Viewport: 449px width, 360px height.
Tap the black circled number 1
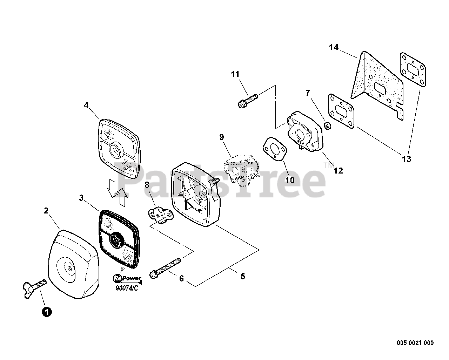[47, 312]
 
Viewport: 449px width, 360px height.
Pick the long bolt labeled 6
[165, 269]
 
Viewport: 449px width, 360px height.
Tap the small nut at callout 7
[327, 125]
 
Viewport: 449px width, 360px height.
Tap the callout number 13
[406, 159]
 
